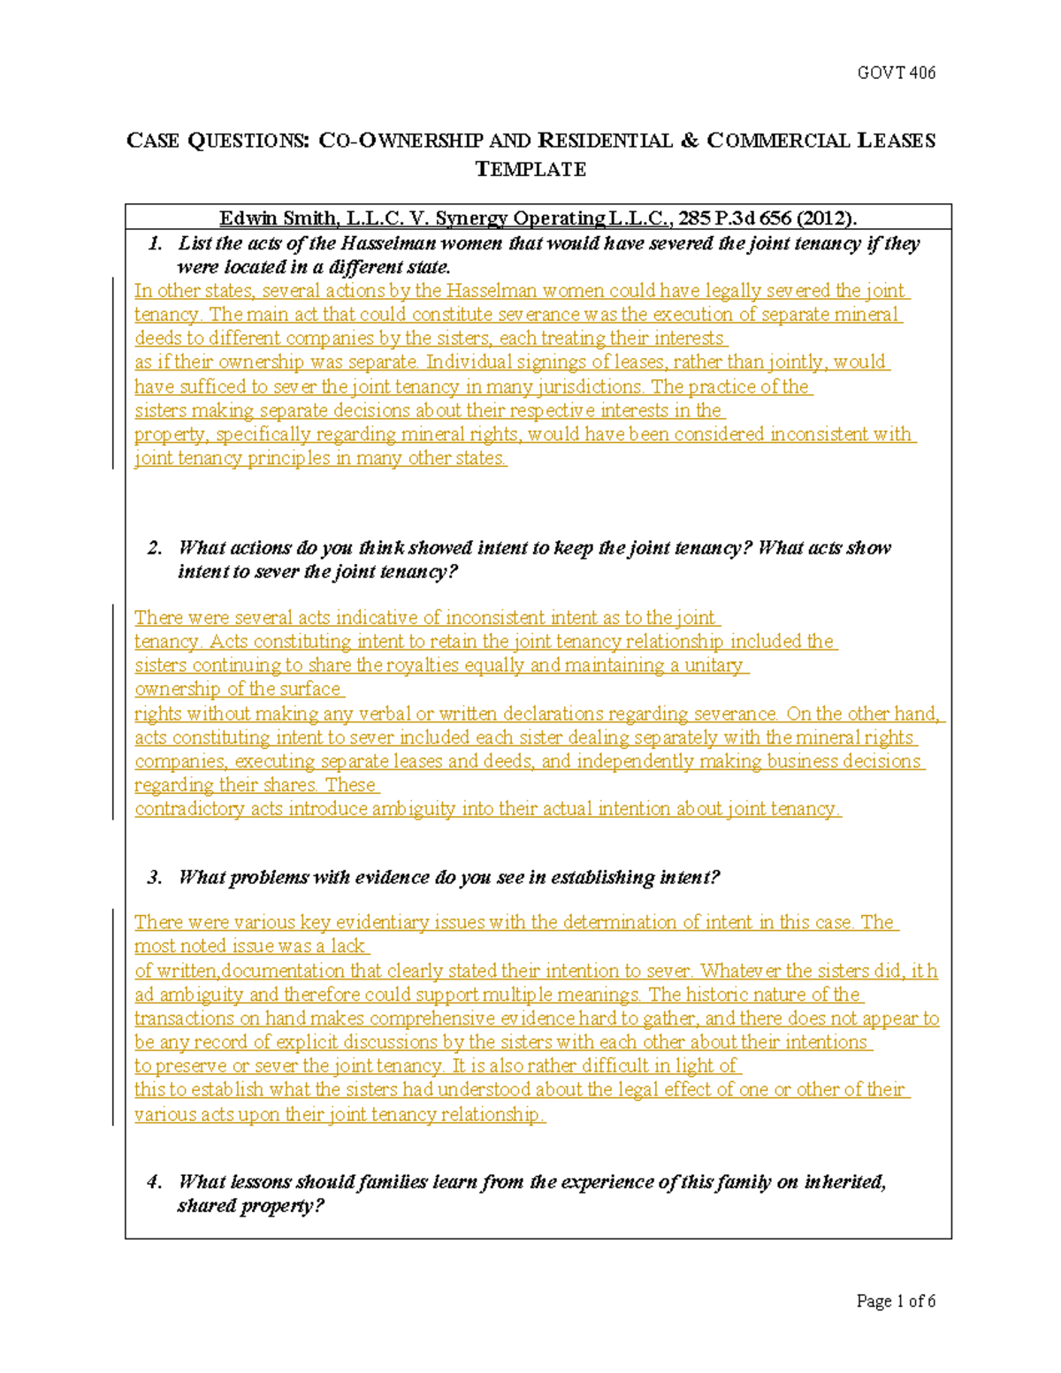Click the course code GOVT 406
896,72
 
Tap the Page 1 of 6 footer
896,1301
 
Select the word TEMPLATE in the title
530,169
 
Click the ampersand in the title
689,141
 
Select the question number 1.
156,244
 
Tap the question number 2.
156,548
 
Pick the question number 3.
156,877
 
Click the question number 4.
156,1182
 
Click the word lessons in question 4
261,1182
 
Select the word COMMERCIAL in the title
780,141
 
